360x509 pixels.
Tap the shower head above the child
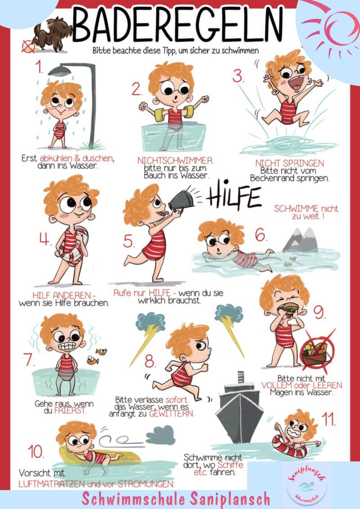pos(59,71)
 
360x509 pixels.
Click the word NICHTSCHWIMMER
pos(175,161)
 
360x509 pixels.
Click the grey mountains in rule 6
pos(300,240)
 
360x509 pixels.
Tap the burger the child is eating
pos(289,307)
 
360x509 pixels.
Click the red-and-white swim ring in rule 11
pos(288,447)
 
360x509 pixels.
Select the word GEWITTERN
pos(171,414)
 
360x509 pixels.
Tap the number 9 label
pos(319,313)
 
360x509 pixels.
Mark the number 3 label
pos(238,77)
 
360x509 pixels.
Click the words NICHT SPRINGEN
pos(289,162)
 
